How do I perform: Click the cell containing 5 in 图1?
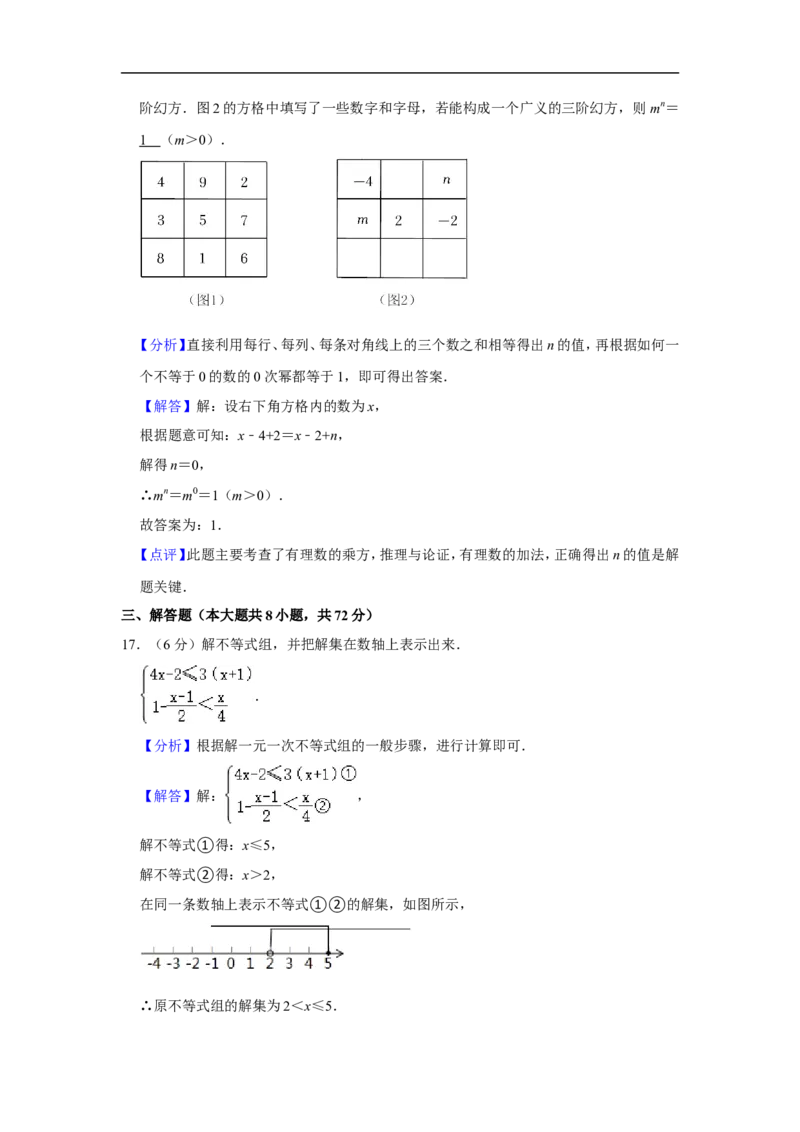pyautogui.click(x=204, y=220)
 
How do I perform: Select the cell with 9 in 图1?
pyautogui.click(x=204, y=182)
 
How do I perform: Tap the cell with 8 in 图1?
pyautogui.click(x=162, y=258)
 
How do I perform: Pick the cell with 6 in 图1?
pyautogui.click(x=246, y=258)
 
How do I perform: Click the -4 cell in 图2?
pyautogui.click(x=359, y=180)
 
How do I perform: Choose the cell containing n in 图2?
pyautogui.click(x=445, y=180)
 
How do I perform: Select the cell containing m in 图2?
pyautogui.click(x=359, y=219)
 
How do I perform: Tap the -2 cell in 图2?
pyautogui.click(x=445, y=219)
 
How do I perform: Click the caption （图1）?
pyautogui.click(x=206, y=300)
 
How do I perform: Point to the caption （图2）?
pyautogui.click(x=397, y=300)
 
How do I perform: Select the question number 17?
pyautogui.click(x=131, y=644)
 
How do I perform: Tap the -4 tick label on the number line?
pyautogui.click(x=154, y=964)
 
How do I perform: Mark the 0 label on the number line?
pyautogui.click(x=231, y=964)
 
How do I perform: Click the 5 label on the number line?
pyautogui.click(x=328, y=964)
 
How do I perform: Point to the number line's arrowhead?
pyautogui.click(x=340, y=954)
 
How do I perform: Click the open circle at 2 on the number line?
pyautogui.click(x=270, y=954)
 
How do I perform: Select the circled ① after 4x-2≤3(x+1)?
pyautogui.click(x=348, y=774)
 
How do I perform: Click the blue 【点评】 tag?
pyautogui.click(x=162, y=555)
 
